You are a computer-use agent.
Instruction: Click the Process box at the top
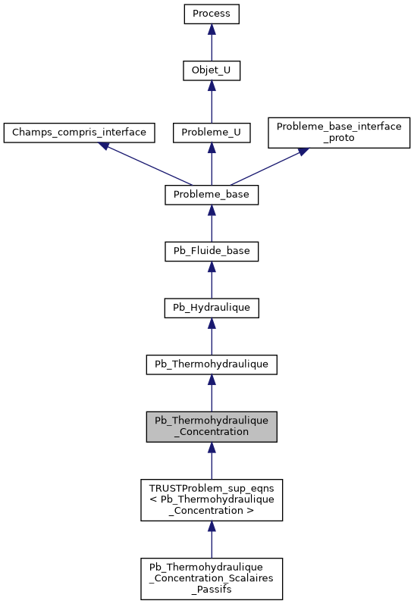[212, 14]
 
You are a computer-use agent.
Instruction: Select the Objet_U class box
[212, 71]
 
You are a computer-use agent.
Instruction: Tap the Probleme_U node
[212, 132]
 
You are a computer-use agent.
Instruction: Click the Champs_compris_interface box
[79, 132]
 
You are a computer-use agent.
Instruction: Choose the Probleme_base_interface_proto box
[339, 132]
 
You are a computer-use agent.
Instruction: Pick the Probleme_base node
[212, 195]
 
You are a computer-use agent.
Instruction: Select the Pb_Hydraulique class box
[212, 308]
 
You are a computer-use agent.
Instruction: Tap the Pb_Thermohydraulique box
[212, 365]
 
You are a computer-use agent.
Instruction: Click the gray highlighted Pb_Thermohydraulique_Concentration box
[212, 427]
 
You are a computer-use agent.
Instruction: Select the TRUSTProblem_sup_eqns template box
[212, 499]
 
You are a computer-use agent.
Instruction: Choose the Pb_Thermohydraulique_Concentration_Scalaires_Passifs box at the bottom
[212, 579]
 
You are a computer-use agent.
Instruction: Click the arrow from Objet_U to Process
[212, 42]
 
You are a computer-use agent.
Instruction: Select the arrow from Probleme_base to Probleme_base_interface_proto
[269, 165]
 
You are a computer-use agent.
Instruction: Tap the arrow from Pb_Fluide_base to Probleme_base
[212, 224]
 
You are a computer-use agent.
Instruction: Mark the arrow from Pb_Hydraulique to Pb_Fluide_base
[212, 280]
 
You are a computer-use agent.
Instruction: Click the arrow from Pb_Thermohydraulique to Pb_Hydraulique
[212, 336]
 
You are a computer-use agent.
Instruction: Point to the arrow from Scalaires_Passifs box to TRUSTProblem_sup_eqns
[212, 539]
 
